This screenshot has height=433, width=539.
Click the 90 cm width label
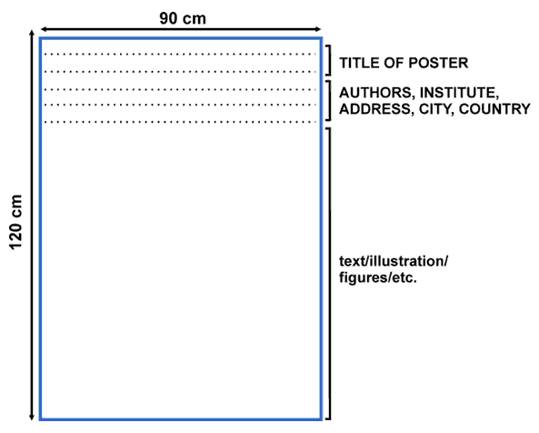(183, 18)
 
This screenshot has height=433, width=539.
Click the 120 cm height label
(15, 222)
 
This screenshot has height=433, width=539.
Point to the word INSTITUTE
(459, 93)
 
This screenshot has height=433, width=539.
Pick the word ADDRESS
(376, 109)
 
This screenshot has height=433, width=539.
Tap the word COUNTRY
(494, 109)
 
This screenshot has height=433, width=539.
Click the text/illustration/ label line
(394, 261)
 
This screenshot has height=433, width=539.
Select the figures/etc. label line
(378, 277)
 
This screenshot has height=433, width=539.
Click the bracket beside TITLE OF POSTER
(330, 60)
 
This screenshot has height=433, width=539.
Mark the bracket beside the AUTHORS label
(330, 100)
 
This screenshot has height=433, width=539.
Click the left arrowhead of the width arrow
(44, 29)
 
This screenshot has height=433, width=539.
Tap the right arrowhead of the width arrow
(317, 29)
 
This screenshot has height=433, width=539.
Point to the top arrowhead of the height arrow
(32, 34)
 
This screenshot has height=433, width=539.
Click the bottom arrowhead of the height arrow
(32, 417)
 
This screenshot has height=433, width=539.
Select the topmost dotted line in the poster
(180, 54)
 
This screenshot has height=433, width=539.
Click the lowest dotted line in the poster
(180, 122)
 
